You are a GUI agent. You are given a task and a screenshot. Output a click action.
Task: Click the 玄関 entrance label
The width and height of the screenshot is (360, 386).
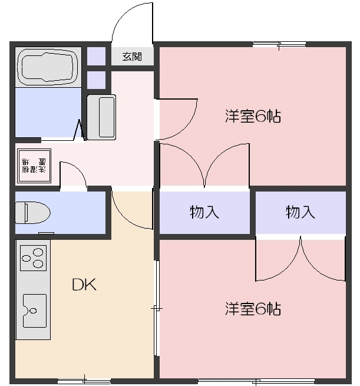133,57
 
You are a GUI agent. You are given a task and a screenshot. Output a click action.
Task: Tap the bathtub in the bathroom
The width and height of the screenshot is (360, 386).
48,67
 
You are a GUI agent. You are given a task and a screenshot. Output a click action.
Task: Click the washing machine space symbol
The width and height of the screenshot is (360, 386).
34,166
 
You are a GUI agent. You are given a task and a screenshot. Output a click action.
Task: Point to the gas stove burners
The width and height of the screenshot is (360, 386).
33,257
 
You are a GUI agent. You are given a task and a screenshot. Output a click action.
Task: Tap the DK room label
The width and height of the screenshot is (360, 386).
84,285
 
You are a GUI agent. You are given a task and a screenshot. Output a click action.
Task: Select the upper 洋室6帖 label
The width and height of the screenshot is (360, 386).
252,116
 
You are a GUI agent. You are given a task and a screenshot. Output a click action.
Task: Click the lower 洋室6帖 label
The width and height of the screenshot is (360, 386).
252,308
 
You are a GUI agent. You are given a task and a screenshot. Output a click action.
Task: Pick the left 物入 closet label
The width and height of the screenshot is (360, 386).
204,212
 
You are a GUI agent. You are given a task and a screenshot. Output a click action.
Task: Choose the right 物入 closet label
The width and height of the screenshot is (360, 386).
300,212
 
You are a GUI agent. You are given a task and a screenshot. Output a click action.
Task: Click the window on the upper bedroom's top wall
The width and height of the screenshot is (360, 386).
279,44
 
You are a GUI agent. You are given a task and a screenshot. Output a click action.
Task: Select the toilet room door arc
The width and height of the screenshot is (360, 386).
74,175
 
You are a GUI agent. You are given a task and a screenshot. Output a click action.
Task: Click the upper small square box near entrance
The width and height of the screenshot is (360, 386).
96,57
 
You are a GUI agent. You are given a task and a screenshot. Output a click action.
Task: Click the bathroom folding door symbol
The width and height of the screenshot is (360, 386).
78,131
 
